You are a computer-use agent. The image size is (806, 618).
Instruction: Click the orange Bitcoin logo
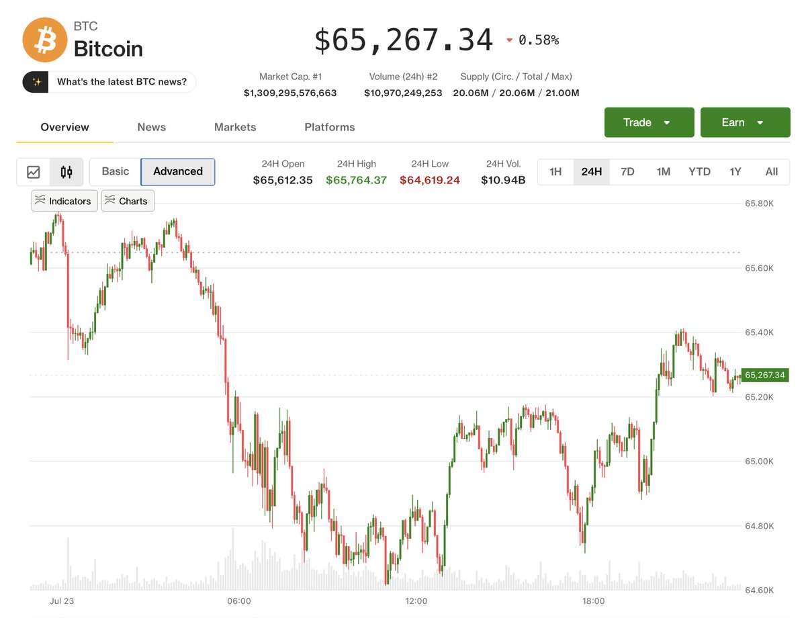point(45,40)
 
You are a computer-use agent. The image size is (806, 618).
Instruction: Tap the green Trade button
point(649,122)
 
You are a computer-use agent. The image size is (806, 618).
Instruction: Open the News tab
point(151,127)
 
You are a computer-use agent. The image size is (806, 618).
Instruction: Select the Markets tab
point(235,127)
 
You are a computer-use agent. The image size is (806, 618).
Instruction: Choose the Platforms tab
point(330,127)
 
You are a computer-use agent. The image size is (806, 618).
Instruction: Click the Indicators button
point(64,201)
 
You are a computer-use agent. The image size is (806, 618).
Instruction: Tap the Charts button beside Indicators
point(128,201)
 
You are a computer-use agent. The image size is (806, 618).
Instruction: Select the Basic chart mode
point(116,171)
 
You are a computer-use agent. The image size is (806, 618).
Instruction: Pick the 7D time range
point(627,172)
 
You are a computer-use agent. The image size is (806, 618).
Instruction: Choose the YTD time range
point(699,172)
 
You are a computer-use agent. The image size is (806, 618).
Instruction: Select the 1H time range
point(555,172)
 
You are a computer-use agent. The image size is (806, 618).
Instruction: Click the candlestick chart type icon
point(66,172)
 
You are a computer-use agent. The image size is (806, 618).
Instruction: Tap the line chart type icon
point(34,172)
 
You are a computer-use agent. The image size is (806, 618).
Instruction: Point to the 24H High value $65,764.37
point(356,180)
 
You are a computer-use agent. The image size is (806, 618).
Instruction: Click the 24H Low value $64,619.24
point(429,180)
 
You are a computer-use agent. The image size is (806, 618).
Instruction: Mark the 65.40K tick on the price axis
point(759,333)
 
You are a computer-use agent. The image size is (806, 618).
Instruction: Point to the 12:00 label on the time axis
point(416,601)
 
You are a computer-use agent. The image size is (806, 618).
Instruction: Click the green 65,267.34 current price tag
point(765,375)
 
